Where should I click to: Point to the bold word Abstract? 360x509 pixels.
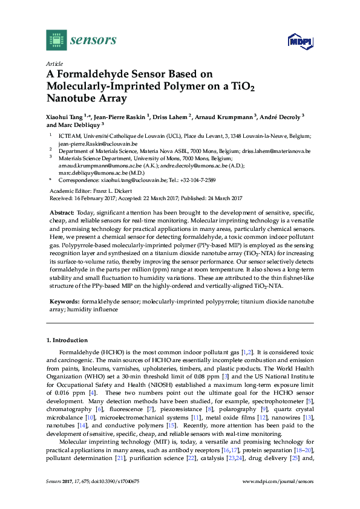61,213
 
